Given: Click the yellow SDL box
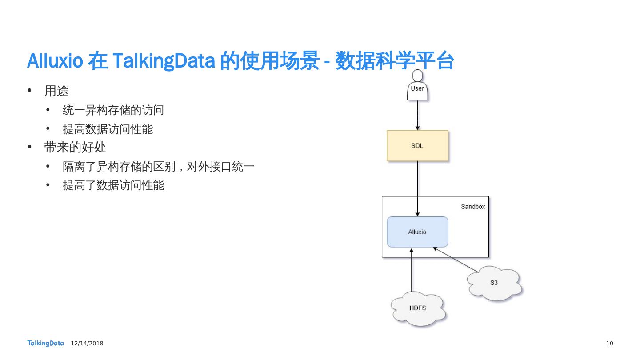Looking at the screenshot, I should click(417, 146).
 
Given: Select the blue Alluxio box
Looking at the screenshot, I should click(417, 232).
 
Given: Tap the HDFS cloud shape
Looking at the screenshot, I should click(418, 308).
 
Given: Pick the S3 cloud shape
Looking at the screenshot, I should click(494, 283).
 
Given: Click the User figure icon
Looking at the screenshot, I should click(417, 86).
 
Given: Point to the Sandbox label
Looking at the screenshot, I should click(473, 207).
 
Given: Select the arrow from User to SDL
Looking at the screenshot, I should click(417, 115).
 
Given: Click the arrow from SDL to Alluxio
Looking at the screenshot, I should click(417, 187).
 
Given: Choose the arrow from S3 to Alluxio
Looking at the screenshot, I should click(456, 260).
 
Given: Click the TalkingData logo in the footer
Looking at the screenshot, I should click(46, 343).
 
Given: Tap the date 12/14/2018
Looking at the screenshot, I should click(87, 344).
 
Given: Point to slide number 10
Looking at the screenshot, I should click(609, 344).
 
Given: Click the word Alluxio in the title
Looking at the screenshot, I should click(55, 61).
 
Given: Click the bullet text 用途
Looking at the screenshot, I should click(56, 91).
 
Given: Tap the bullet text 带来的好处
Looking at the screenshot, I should click(75, 147).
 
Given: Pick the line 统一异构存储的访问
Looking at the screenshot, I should click(113, 110).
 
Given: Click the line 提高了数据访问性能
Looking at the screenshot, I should click(113, 185).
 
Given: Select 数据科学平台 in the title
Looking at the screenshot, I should click(394, 61).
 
